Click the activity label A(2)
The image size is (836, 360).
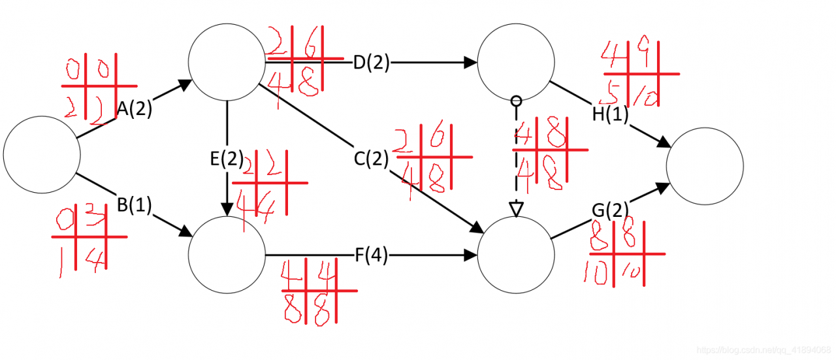click(x=135, y=109)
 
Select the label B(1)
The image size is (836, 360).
click(x=135, y=205)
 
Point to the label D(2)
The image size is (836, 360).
click(x=371, y=63)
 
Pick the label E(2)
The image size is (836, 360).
click(x=227, y=158)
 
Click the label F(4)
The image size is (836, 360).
click(x=372, y=256)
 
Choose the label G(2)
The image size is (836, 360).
click(x=610, y=210)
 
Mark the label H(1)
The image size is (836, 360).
click(x=610, y=114)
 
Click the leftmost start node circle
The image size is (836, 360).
click(x=42, y=154)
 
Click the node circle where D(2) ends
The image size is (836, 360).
click(x=517, y=63)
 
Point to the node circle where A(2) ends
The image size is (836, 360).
click(x=227, y=63)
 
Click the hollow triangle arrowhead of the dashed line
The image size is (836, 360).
click(x=517, y=209)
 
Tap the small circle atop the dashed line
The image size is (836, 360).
click(x=517, y=101)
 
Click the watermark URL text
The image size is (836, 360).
click(x=765, y=351)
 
